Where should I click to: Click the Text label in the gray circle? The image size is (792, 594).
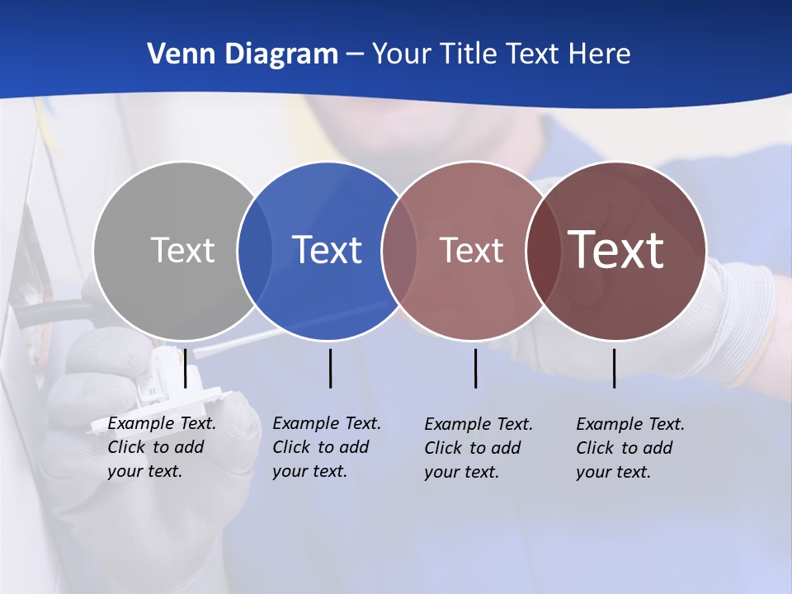pos(182,250)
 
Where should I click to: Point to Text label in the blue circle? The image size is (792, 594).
pos(327,250)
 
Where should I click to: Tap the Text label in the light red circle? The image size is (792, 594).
pos(471,250)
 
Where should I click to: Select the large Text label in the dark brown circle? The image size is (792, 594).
pos(616,249)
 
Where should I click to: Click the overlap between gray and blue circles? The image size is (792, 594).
pos(255,250)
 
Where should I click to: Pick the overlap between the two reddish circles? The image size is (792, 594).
pos(542,250)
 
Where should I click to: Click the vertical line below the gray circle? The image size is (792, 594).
pos(185,368)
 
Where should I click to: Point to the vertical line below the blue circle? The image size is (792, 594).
pos(330,368)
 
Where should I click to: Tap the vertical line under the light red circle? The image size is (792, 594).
pos(475,368)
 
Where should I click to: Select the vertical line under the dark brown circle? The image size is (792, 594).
pos(614,368)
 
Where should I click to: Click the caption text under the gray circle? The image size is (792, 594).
pos(161,447)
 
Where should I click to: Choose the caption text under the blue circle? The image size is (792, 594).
pos(326,447)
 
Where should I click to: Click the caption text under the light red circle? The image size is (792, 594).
pos(478,448)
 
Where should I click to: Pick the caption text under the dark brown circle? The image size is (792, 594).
pos(629,448)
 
